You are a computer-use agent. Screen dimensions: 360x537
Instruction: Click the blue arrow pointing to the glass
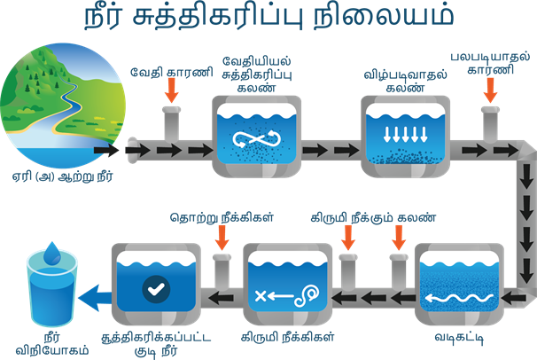[x=90, y=294]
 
